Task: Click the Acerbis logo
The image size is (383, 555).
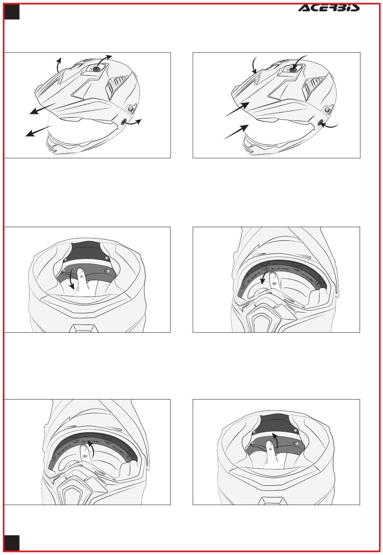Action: (x=329, y=8)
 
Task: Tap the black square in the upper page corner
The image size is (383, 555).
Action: (x=12, y=12)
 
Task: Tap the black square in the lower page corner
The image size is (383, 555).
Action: (x=12, y=543)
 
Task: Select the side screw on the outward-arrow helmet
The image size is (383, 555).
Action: (x=123, y=122)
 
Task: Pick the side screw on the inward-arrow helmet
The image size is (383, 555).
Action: (x=320, y=122)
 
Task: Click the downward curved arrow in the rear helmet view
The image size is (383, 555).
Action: (x=71, y=280)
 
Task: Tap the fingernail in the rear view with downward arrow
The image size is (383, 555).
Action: (x=80, y=270)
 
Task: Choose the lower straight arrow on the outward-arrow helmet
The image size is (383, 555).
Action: (x=38, y=131)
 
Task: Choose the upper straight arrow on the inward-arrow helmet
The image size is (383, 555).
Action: (x=237, y=109)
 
